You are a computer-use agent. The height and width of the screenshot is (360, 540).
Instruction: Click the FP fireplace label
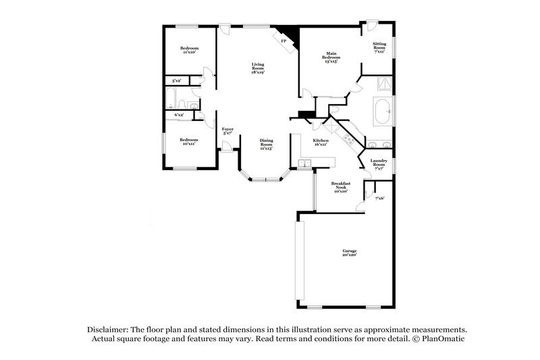(283, 41)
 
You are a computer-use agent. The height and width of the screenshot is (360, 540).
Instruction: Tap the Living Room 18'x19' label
(258, 68)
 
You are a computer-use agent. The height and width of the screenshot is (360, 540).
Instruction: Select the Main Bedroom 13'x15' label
(331, 57)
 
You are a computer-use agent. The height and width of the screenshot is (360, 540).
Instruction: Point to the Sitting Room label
(380, 47)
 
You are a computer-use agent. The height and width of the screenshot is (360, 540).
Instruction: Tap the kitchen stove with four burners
(349, 139)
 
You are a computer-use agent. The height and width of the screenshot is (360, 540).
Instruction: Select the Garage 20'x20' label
(349, 253)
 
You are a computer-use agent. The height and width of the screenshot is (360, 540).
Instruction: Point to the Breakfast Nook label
(340, 187)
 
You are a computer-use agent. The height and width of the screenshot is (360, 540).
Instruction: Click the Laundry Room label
(379, 164)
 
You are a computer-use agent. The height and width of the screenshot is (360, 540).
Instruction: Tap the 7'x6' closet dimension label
(379, 198)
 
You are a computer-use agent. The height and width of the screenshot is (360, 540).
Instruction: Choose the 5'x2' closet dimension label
(176, 81)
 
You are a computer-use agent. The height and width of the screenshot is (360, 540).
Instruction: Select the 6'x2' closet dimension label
(179, 115)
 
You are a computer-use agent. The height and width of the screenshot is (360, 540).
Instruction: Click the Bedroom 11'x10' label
(189, 50)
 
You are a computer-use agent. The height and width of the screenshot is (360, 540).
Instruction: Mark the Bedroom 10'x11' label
(188, 142)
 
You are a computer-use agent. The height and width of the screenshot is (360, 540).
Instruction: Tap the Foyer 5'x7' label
(227, 130)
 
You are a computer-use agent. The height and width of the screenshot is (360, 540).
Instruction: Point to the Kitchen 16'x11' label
(321, 143)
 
